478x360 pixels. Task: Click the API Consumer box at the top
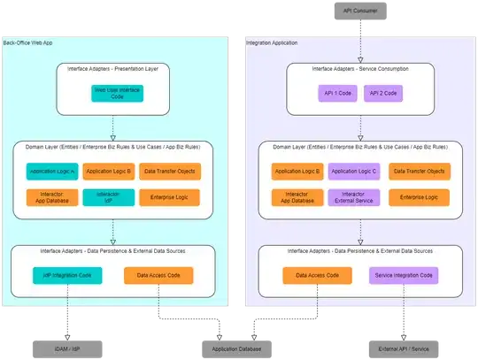point(360,11)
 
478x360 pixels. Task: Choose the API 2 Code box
point(382,92)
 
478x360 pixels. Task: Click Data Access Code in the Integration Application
point(315,275)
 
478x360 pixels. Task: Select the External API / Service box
point(390,349)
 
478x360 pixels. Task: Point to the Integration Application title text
point(272,42)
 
